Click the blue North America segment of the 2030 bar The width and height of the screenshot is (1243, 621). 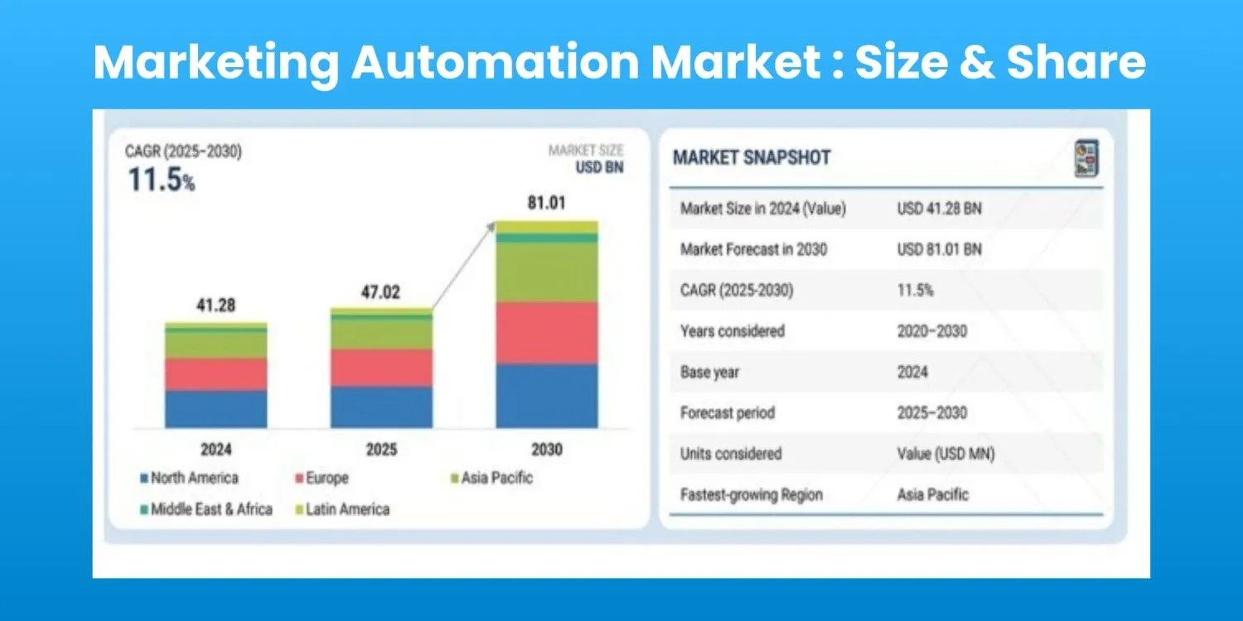tap(547, 396)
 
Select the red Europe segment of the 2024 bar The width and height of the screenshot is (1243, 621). tap(215, 374)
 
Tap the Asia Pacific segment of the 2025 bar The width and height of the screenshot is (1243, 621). tap(381, 335)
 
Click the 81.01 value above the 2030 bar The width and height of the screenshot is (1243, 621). tap(547, 203)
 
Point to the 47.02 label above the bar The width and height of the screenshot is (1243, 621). tap(380, 291)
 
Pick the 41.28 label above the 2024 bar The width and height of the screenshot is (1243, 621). tap(215, 305)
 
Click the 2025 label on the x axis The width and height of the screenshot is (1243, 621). tap(381, 449)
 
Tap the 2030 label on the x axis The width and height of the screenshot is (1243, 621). tap(547, 449)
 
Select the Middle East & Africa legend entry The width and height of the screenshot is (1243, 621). tap(206, 509)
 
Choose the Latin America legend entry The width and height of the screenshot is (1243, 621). tap(342, 509)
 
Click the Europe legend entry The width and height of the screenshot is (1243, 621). tap(322, 478)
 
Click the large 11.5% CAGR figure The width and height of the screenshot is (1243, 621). tap(162, 180)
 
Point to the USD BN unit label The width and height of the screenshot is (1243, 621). tap(599, 167)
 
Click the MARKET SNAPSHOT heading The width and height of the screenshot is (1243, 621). tap(752, 157)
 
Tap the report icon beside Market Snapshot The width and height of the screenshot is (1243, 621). tap(1086, 159)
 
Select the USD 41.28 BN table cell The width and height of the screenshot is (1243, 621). tap(940, 209)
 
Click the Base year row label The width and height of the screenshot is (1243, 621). tap(709, 372)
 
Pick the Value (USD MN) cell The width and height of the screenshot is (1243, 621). tap(946, 454)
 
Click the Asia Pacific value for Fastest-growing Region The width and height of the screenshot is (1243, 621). tap(933, 494)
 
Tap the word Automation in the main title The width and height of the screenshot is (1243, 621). tap(495, 62)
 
